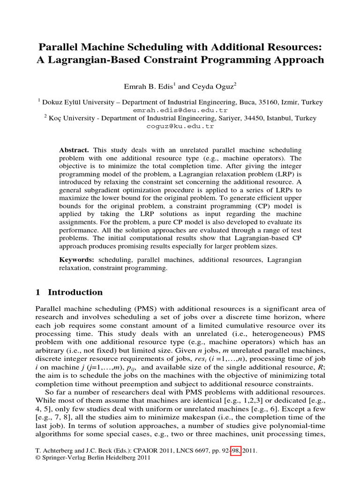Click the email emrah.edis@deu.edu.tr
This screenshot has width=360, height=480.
point(180,110)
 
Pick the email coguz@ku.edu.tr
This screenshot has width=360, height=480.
point(180,126)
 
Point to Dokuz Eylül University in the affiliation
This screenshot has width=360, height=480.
point(72,102)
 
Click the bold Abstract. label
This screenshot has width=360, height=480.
point(74,150)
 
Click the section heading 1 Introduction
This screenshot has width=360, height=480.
point(69,292)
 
